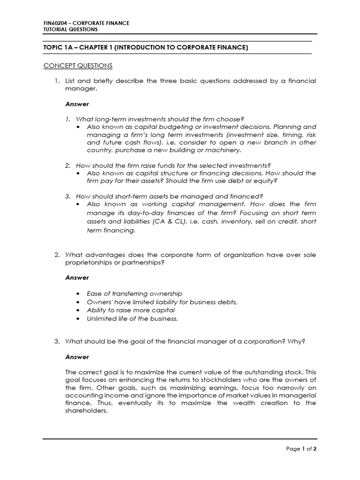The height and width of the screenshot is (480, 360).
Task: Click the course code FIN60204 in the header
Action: (54, 23)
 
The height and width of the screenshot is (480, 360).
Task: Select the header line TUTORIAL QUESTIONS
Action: (70, 30)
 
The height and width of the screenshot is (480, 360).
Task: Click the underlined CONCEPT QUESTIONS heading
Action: (78, 65)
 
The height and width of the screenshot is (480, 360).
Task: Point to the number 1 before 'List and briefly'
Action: (56, 81)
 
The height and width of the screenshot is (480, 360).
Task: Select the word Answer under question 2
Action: (77, 277)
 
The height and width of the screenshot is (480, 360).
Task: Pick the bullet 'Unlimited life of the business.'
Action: (132, 319)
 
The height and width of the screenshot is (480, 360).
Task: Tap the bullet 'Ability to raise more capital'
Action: (131, 310)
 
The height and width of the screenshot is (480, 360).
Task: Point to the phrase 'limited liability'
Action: (145, 302)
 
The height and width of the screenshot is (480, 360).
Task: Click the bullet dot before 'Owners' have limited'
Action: (77, 302)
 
